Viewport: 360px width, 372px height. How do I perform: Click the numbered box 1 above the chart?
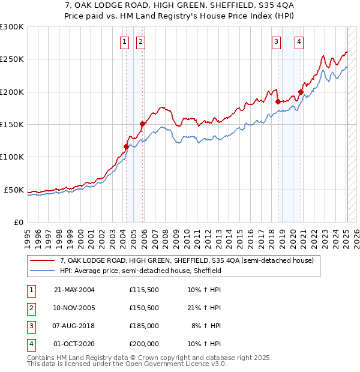124,42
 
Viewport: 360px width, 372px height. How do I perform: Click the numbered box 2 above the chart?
140,42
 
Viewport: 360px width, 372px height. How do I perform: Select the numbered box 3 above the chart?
276,42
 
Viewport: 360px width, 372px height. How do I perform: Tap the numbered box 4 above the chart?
298,42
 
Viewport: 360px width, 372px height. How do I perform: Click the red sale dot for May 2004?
127,146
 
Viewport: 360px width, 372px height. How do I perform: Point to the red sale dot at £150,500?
142,124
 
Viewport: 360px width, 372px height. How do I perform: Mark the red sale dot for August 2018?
278,101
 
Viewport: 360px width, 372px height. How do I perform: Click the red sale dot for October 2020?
301,92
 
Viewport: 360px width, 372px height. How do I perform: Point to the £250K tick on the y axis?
12,59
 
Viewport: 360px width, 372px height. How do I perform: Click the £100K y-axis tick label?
12,157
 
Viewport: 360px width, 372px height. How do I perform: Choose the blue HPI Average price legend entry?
140,271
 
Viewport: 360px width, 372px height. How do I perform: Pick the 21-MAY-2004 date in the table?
74,290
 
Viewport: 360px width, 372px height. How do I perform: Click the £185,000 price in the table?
143,327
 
